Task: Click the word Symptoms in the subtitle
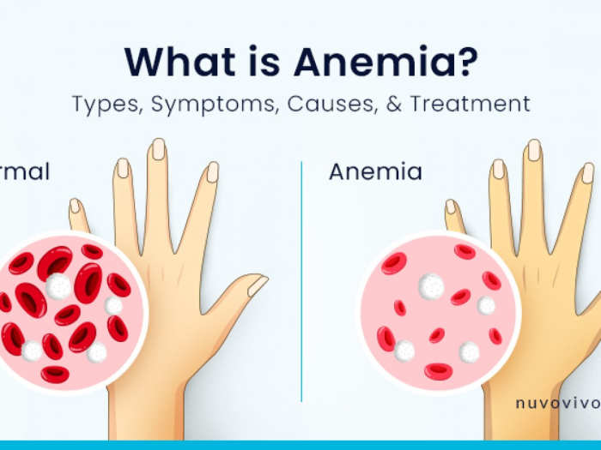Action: (x=204, y=105)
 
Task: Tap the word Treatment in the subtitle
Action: (x=470, y=105)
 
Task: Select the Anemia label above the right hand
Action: (x=375, y=171)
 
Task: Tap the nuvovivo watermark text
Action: (x=556, y=401)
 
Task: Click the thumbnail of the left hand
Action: (x=258, y=285)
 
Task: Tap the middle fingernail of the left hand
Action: (x=159, y=148)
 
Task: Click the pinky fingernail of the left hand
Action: (x=75, y=206)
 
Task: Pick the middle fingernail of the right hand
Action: (x=534, y=150)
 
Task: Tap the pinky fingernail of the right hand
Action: (x=450, y=207)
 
